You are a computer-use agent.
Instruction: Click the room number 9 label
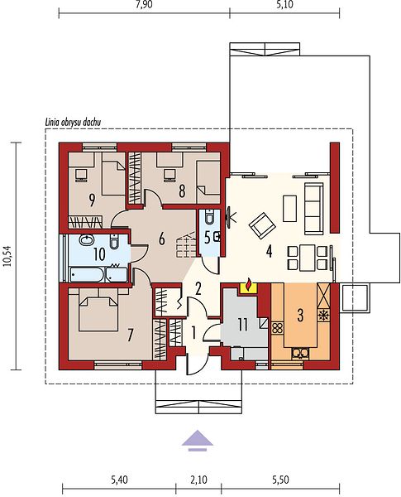click(x=92, y=200)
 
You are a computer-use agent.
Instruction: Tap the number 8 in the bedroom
click(x=182, y=191)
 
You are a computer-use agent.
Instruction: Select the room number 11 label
click(x=243, y=325)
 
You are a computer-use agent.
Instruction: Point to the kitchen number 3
click(x=300, y=315)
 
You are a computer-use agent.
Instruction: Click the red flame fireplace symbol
click(x=249, y=284)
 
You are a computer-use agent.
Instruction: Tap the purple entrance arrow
click(x=197, y=441)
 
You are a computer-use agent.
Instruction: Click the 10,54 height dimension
click(x=8, y=255)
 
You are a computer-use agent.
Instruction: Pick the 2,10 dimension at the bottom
click(x=198, y=480)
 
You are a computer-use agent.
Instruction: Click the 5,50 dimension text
click(x=280, y=480)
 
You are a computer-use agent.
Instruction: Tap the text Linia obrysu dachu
click(x=73, y=123)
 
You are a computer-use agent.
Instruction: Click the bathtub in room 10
click(x=87, y=274)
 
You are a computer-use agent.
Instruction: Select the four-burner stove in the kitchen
click(x=278, y=327)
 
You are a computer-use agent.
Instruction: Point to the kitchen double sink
click(x=299, y=353)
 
